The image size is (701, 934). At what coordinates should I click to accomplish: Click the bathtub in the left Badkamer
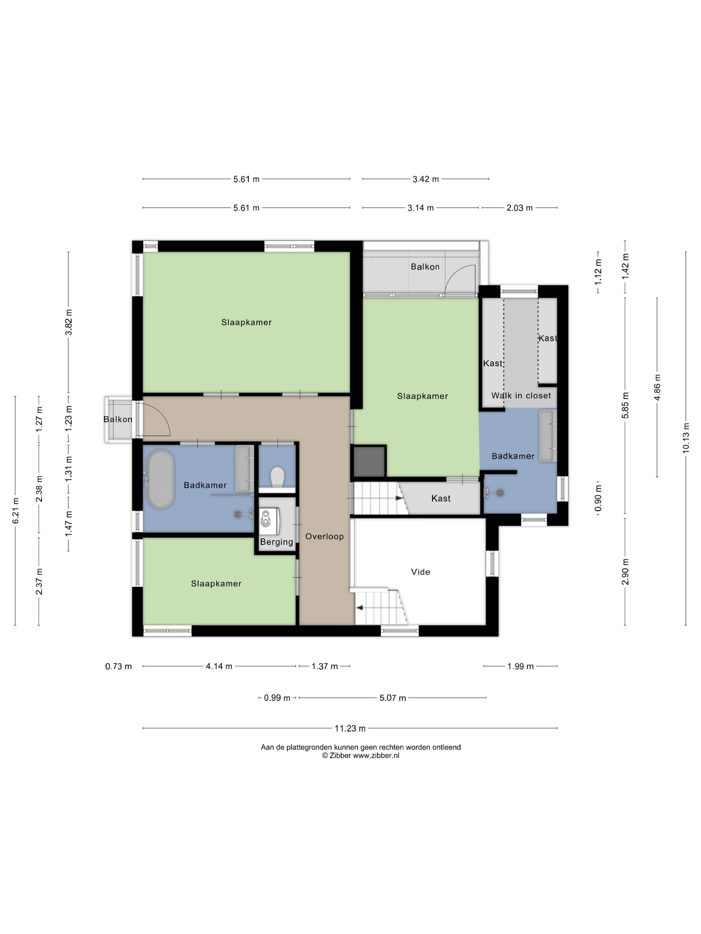click(x=160, y=479)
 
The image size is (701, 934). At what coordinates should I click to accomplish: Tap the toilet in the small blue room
click(x=277, y=477)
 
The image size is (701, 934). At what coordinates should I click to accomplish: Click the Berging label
click(x=276, y=542)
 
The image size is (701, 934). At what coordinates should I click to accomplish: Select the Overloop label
click(x=324, y=536)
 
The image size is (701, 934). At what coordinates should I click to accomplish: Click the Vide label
click(x=420, y=572)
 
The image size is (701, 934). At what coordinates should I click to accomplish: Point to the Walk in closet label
click(x=521, y=396)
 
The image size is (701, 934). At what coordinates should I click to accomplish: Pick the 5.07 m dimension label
click(x=393, y=698)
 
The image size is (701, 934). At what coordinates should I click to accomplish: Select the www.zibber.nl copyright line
click(x=361, y=756)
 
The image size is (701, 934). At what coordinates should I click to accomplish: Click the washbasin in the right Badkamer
click(x=547, y=436)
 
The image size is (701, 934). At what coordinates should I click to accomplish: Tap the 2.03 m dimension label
click(x=519, y=208)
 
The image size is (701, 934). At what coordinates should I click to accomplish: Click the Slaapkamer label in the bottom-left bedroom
click(x=216, y=583)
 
